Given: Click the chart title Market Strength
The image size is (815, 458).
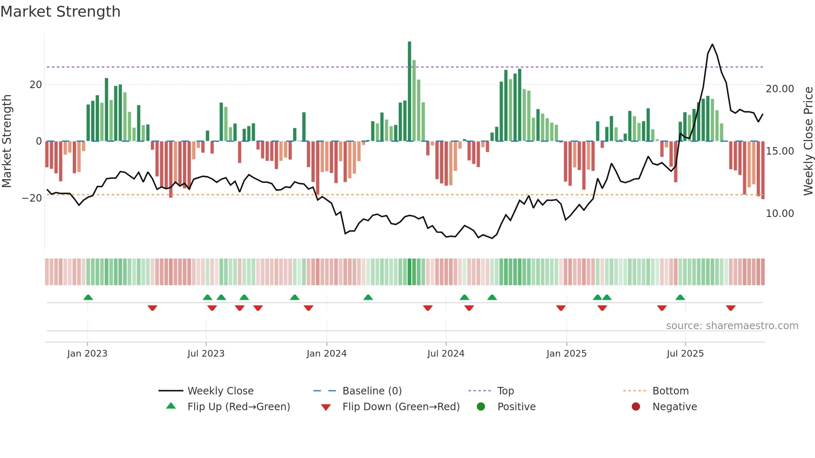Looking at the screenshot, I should point(60,12).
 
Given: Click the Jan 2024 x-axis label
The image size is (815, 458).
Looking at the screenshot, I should point(326,354).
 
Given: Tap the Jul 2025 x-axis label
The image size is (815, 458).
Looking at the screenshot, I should point(685,354).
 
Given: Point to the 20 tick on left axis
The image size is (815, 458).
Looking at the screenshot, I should point(36,85).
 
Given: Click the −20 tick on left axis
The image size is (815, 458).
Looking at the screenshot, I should point(32,198).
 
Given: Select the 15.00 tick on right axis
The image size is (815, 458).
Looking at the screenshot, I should point(780,151).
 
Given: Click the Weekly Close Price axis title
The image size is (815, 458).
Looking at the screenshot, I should point(808,141).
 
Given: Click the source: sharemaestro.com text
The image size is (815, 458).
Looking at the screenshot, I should point(732,326).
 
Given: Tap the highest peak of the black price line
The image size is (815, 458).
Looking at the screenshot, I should point(712,44).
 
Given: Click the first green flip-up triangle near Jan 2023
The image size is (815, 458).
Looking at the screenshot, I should point(88,297).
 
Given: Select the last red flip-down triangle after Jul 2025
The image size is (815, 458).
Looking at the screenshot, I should point(731,308).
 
